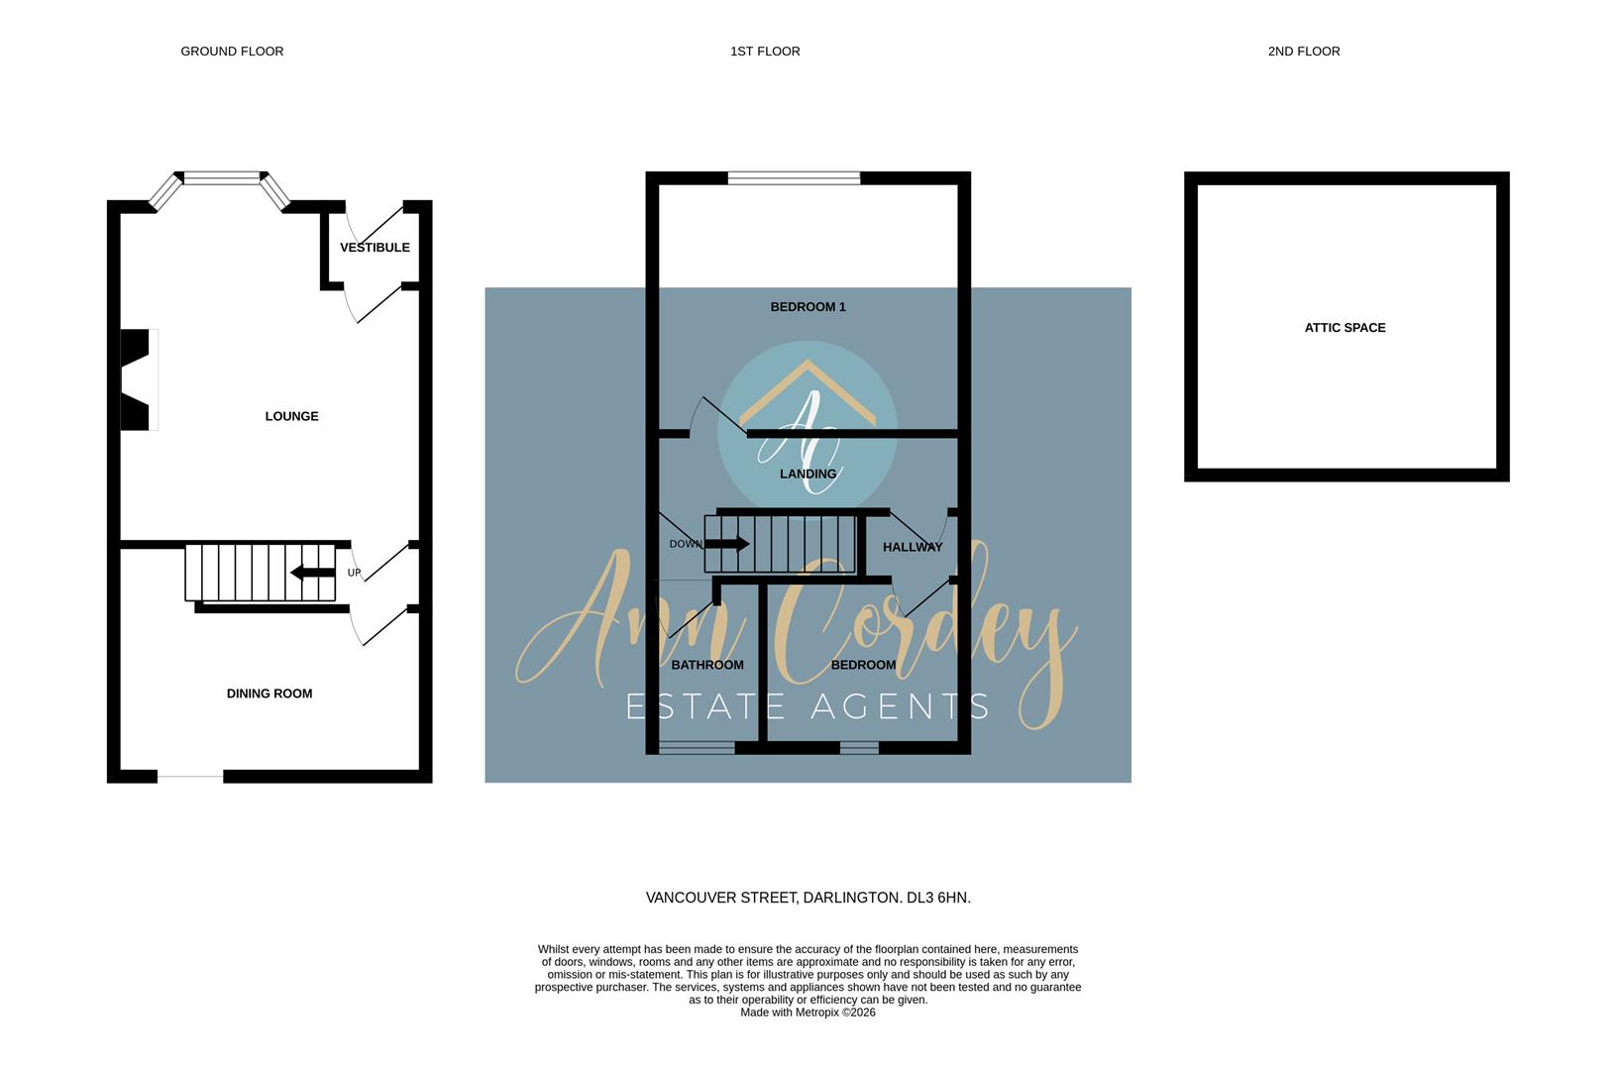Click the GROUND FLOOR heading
232,52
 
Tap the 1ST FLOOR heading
765,52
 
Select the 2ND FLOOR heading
1304,52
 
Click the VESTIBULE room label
375,248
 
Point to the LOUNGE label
291,416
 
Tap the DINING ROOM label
269,694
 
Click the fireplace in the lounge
137,379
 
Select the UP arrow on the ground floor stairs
312,573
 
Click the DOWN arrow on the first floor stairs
728,543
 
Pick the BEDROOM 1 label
808,307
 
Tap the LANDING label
808,475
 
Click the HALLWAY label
913,547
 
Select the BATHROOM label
707,665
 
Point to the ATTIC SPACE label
1345,328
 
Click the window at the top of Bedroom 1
794,178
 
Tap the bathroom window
697,748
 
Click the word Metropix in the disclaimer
817,1013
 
